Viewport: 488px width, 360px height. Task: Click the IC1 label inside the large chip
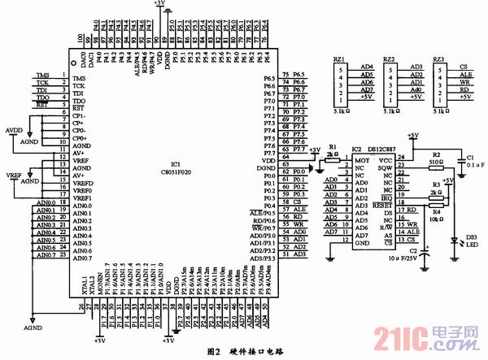point(175,163)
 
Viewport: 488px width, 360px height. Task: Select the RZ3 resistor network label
point(439,59)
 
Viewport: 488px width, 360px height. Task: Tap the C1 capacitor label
point(469,156)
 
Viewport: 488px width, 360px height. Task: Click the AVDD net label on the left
point(15,129)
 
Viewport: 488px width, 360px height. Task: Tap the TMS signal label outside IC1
point(43,76)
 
